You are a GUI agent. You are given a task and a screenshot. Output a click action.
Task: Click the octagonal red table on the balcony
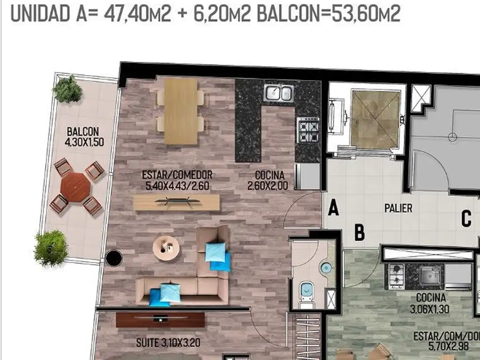coord(75,187)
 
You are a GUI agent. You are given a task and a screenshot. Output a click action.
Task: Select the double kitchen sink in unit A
coord(278,92)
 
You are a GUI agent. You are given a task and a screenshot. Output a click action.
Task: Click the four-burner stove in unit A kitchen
coord(308,130)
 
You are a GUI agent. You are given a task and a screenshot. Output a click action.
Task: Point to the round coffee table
coord(166,248)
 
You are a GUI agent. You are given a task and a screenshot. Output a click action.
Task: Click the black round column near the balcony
coord(113,258)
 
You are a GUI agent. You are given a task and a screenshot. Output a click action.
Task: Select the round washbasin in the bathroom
coord(326,268)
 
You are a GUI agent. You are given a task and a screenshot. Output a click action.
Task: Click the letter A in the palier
coord(333,207)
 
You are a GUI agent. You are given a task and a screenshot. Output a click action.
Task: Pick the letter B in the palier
coord(360,232)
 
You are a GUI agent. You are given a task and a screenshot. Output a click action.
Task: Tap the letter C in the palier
coord(466,218)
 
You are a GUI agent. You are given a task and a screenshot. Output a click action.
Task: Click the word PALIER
coord(398,209)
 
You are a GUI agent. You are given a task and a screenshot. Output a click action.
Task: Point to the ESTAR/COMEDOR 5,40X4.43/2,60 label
coord(177,180)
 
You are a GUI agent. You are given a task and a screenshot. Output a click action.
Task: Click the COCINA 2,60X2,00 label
coord(268,180)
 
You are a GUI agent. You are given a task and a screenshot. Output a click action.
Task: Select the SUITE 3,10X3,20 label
coord(168,343)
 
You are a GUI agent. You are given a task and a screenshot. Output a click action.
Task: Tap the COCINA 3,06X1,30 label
coord(430,303)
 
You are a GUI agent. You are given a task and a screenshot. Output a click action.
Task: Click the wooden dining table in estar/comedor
coord(180,111)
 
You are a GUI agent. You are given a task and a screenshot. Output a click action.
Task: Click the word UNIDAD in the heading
coord(40,14)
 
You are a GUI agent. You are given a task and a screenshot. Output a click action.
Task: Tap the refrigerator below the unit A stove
coord(307,176)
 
